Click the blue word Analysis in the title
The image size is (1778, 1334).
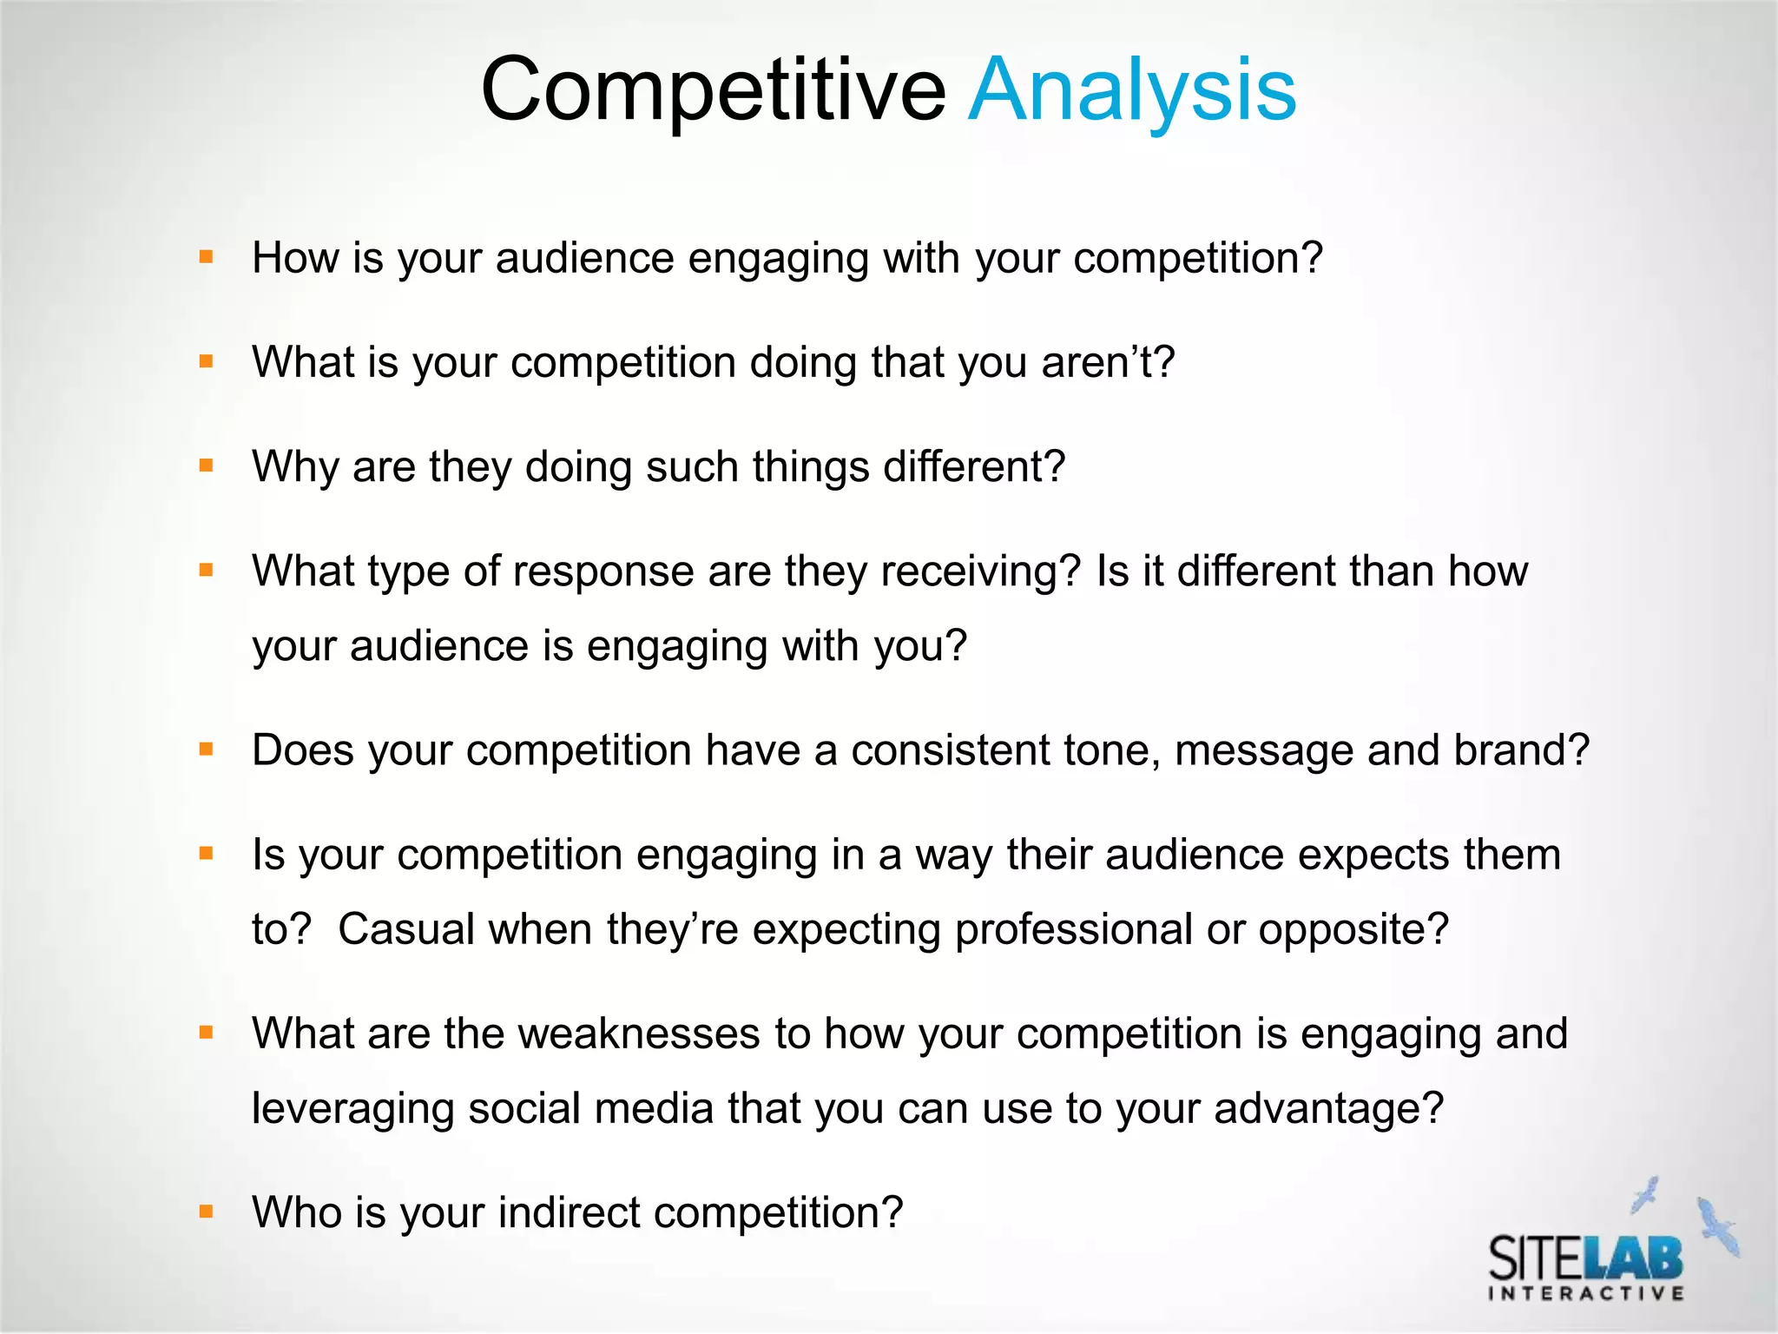1131,90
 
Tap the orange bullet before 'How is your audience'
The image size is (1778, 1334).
206,257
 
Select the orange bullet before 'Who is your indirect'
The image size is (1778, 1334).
206,1212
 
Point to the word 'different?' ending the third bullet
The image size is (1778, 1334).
973,466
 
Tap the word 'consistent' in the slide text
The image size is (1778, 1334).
951,750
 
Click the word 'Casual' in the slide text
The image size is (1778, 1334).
405,929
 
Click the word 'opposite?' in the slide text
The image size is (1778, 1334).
1353,929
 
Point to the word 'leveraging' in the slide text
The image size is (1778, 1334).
352,1109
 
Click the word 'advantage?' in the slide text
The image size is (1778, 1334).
1328,1109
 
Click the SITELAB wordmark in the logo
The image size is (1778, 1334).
1585,1257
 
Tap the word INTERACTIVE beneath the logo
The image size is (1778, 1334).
1586,1294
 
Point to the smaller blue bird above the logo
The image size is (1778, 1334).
1645,1194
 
